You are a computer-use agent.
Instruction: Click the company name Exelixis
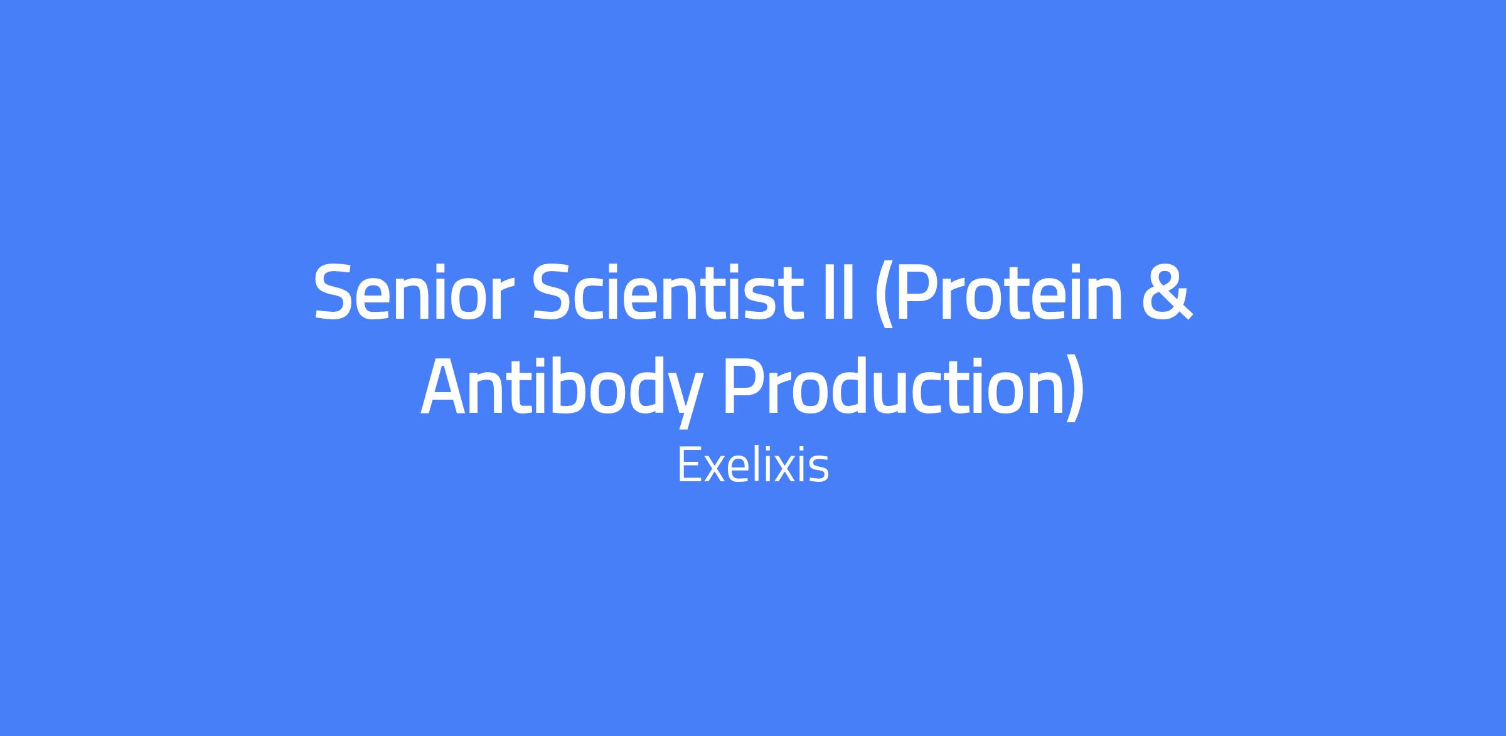(x=753, y=466)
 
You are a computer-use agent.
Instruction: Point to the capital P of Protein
(x=919, y=291)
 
